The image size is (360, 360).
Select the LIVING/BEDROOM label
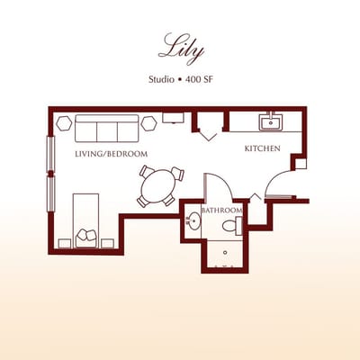pos(111,154)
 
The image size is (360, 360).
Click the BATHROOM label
pos(221,211)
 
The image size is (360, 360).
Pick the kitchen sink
pos(270,121)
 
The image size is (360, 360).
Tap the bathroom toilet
pos(236,223)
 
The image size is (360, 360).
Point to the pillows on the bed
pos(86,236)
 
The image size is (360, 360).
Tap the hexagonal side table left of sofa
pos(64,121)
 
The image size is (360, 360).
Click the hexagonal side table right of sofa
pos(148,121)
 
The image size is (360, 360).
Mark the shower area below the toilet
pos(223,254)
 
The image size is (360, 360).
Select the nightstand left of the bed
pos(63,242)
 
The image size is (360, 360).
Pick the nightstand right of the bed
pos(108,242)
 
